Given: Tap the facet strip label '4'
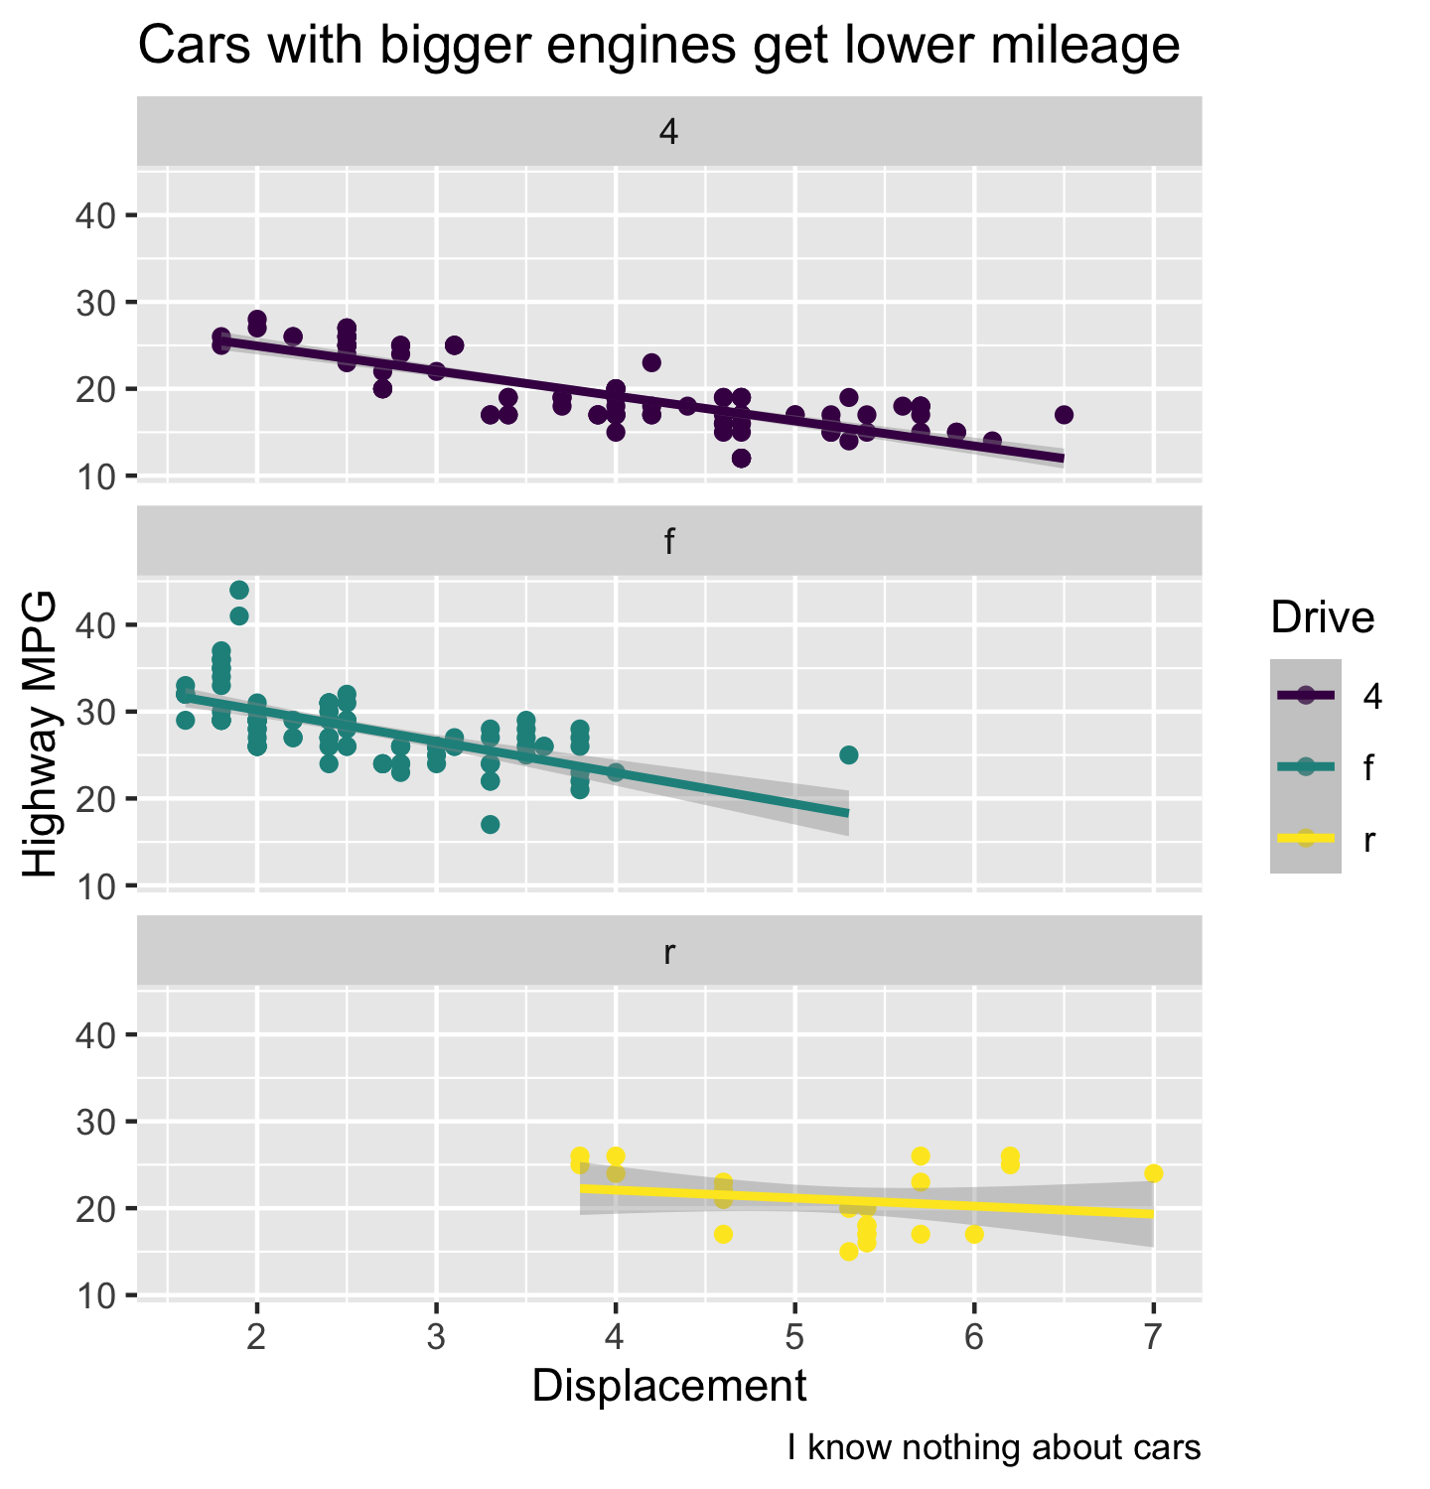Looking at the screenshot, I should coord(669,132).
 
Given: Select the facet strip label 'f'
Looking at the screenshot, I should coord(669,542).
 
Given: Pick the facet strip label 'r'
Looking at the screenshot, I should coord(669,952).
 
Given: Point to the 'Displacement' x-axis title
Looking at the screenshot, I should coord(669,1386).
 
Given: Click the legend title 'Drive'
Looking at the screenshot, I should coord(1322,617).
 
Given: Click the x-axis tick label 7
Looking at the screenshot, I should coord(1153,1338).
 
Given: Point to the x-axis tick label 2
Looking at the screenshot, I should coord(257,1338).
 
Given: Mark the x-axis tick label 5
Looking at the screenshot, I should coord(794,1338).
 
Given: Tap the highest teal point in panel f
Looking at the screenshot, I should coord(239,591).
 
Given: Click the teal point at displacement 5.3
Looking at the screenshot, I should coord(848,755).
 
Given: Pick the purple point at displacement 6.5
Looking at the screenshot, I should coord(1064,415).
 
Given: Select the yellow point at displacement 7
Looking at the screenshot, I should coord(1153,1173).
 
